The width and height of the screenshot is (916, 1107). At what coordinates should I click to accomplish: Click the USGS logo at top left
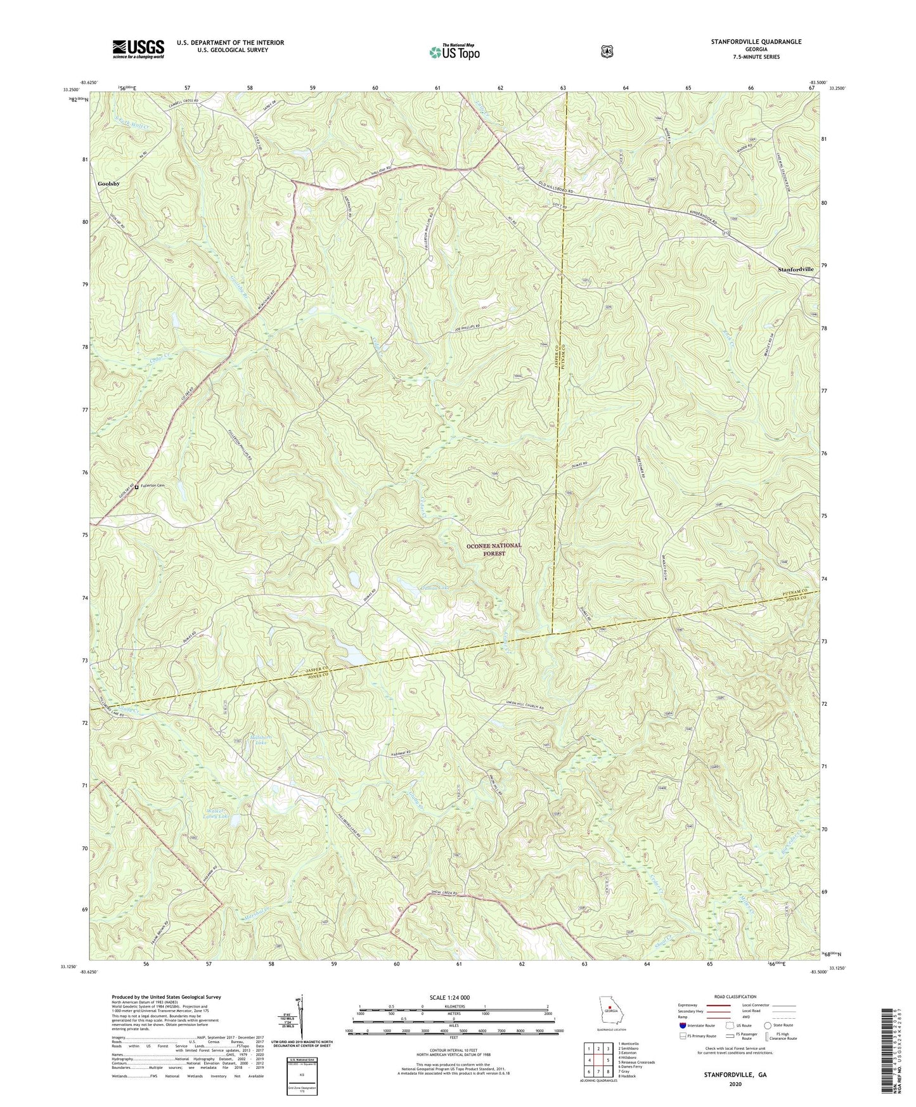138,48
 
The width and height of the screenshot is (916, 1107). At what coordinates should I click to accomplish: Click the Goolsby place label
109,184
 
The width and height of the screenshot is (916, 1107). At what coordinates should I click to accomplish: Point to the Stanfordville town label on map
796,269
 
